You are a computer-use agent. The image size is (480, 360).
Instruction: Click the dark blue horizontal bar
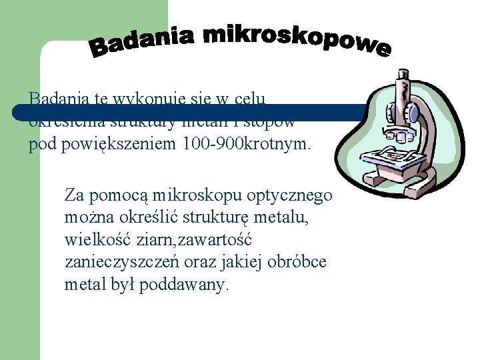[200, 113]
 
